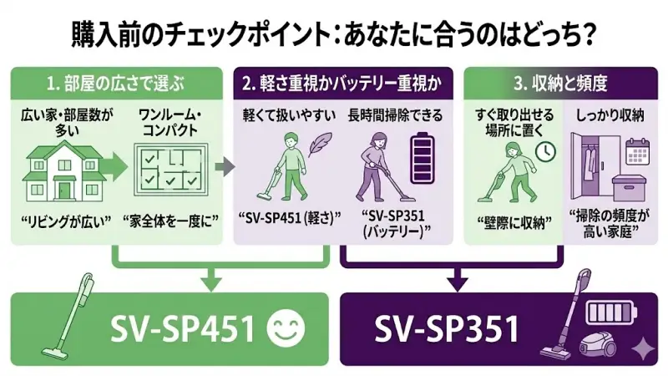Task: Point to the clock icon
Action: click(x=546, y=152)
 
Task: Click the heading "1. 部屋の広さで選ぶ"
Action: click(x=114, y=84)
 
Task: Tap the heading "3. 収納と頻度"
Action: click(x=559, y=84)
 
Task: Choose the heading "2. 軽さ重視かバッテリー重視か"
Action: click(x=341, y=84)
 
